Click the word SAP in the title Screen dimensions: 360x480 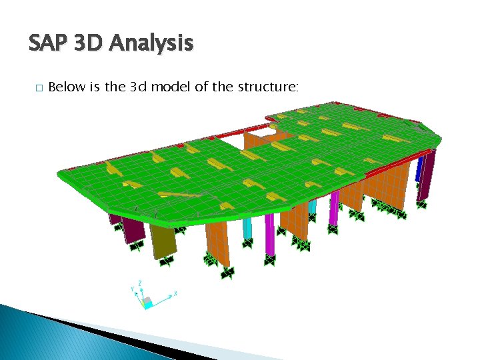click(x=48, y=44)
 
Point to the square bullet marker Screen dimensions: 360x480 click(x=39, y=88)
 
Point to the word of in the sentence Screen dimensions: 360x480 click(x=201, y=87)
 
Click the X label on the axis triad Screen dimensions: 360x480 click(x=175, y=293)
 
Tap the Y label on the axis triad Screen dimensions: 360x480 click(x=133, y=289)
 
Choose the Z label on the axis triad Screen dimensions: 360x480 click(x=141, y=283)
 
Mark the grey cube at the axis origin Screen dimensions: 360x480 click(x=148, y=301)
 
